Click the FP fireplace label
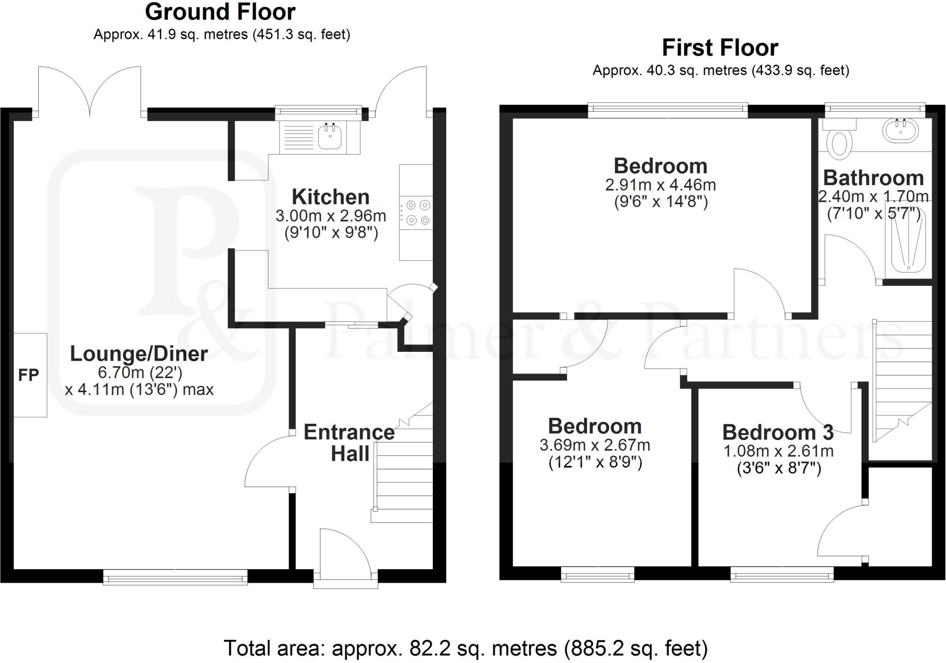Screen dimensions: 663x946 coord(28,375)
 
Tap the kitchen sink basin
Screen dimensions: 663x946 coord(330,136)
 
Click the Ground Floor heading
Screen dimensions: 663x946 coord(220,12)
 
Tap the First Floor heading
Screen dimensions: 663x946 coord(720,48)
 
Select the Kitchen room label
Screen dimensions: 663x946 coord(331,197)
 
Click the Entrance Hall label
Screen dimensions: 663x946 coord(349,443)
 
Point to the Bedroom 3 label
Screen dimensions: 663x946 coord(778,433)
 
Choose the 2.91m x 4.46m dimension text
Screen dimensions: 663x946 coord(661,185)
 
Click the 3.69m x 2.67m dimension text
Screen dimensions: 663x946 coord(595,446)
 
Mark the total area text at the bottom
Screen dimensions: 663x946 coord(466,648)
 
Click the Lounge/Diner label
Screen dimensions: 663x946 coord(139,354)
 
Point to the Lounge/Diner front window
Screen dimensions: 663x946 coord(175,577)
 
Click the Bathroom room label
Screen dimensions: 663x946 coord(873,178)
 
